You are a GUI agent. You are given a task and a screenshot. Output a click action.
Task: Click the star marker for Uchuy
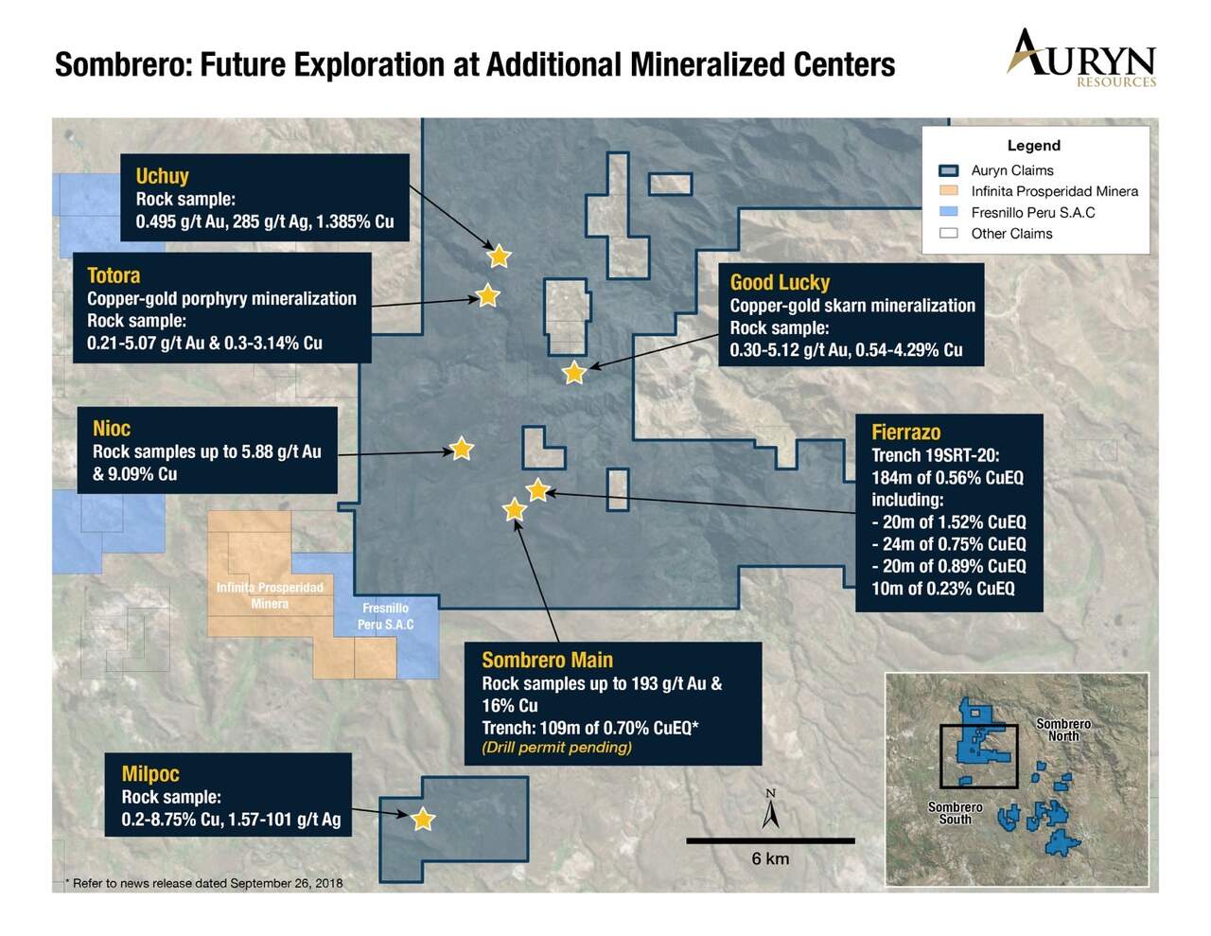click(x=499, y=256)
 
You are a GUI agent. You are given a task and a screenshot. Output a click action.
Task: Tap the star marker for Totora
click(x=487, y=295)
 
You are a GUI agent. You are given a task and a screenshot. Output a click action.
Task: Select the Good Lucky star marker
click(x=574, y=372)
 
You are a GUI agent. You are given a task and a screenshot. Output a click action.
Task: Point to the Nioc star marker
click(x=462, y=449)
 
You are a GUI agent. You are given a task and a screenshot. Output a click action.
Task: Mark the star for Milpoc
click(x=422, y=820)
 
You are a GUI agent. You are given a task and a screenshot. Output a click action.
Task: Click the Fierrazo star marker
click(x=537, y=490)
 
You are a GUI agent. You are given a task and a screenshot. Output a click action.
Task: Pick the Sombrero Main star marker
click(x=514, y=510)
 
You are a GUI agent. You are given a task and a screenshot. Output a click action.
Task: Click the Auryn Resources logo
click(x=1081, y=59)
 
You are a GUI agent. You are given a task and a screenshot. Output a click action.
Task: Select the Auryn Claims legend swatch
click(x=949, y=170)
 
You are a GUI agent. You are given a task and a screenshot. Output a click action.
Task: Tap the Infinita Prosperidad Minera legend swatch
click(x=949, y=191)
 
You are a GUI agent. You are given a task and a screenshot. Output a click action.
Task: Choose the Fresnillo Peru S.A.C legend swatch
click(x=949, y=212)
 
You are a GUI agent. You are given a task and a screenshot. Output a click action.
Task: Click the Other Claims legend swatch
click(x=949, y=233)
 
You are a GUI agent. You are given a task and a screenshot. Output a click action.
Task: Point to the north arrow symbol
click(x=771, y=808)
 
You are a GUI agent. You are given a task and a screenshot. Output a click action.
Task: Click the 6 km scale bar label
click(x=770, y=858)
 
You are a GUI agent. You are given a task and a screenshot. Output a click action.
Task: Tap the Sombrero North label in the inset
click(x=1063, y=730)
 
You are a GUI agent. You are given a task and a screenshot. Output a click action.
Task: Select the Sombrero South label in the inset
click(x=955, y=813)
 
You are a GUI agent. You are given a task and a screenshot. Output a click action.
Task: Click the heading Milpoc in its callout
click(x=150, y=774)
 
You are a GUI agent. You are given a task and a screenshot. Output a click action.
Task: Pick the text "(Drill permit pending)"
click(x=556, y=748)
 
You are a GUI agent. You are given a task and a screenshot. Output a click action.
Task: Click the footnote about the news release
click(x=204, y=883)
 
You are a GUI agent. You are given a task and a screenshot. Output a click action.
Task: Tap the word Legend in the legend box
click(x=1034, y=146)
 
